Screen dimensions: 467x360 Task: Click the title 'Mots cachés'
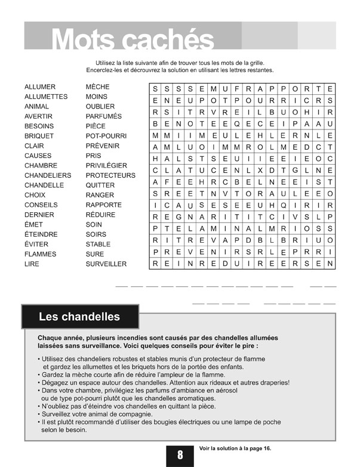133,39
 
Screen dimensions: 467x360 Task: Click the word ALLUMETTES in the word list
46,97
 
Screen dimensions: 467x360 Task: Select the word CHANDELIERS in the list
48,175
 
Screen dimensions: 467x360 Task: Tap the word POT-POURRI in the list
106,136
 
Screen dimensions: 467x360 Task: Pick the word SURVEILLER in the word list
106,264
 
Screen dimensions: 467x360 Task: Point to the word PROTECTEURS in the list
110,175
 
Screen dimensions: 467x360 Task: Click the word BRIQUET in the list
39,136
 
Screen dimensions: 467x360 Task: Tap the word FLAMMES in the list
41,254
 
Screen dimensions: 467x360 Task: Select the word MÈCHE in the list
98,87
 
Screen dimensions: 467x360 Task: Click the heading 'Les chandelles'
79,316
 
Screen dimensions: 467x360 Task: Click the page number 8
180,455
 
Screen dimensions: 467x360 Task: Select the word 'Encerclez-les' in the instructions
104,70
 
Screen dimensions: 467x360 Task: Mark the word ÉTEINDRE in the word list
41,234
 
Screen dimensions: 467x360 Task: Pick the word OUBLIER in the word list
100,107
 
